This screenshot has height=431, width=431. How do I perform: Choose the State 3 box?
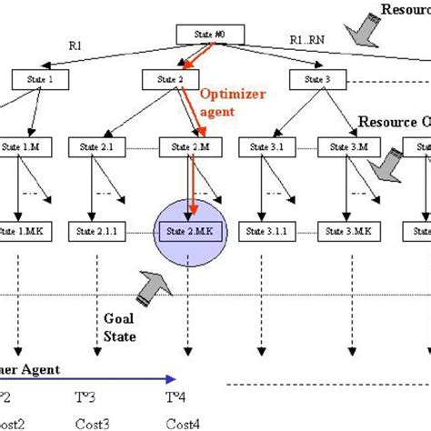[316, 79]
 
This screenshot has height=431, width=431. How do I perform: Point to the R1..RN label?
[307, 42]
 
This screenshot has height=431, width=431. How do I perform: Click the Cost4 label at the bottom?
[183, 423]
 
